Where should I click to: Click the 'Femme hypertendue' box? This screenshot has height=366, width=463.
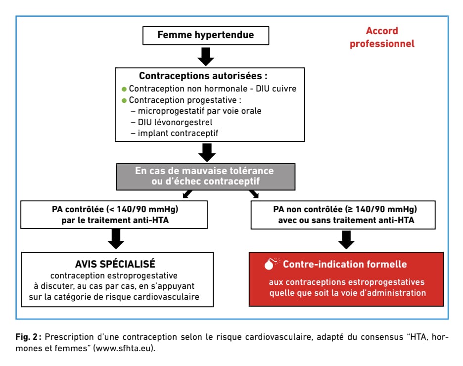(205, 36)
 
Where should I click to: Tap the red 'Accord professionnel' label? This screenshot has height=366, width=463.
(382, 37)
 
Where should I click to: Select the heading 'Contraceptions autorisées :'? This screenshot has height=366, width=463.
(203, 76)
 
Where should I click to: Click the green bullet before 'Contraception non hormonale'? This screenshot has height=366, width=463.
(124, 89)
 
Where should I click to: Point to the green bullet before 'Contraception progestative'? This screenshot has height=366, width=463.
(124, 101)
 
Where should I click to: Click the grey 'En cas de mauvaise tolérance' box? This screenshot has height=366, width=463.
(206, 177)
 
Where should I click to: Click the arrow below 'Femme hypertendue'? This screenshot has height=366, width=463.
(206, 57)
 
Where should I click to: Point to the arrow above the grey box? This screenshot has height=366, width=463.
(207, 153)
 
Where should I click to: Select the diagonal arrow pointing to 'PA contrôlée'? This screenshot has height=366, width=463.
(187, 194)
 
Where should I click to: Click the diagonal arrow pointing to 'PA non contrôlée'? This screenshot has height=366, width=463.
(254, 194)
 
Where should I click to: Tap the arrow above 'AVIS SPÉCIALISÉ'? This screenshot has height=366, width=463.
(116, 239)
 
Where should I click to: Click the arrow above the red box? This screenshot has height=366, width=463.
(346, 240)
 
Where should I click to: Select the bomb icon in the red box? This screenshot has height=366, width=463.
(271, 264)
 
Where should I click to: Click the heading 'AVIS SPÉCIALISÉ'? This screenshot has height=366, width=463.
(115, 264)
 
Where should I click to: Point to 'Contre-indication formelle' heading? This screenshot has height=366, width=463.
(345, 264)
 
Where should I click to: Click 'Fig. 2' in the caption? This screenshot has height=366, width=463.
(27, 337)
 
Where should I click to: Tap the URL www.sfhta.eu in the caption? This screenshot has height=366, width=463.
(124, 348)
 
